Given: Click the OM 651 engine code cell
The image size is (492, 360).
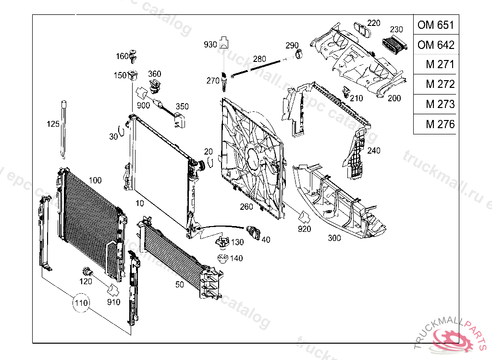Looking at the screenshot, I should click(435, 24).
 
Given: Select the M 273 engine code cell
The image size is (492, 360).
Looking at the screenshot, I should click(435, 104).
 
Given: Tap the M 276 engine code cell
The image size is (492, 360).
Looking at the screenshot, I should click(435, 124).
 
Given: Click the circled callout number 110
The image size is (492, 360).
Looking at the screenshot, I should click(81, 303).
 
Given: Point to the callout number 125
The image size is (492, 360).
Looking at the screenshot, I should click(53, 124).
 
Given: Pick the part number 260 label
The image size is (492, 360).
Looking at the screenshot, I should click(246, 207).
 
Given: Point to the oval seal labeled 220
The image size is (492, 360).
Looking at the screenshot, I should click(361, 30).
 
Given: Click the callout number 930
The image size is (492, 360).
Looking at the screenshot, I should click(210, 45).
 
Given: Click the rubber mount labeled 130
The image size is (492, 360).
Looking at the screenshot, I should click(221, 243).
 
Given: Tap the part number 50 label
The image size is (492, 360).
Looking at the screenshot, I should click(179, 285).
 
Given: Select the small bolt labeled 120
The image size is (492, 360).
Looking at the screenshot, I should click(87, 270).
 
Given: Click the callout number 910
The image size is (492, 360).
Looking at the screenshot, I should click(114, 303).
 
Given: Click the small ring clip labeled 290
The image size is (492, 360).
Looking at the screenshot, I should click(299, 55).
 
